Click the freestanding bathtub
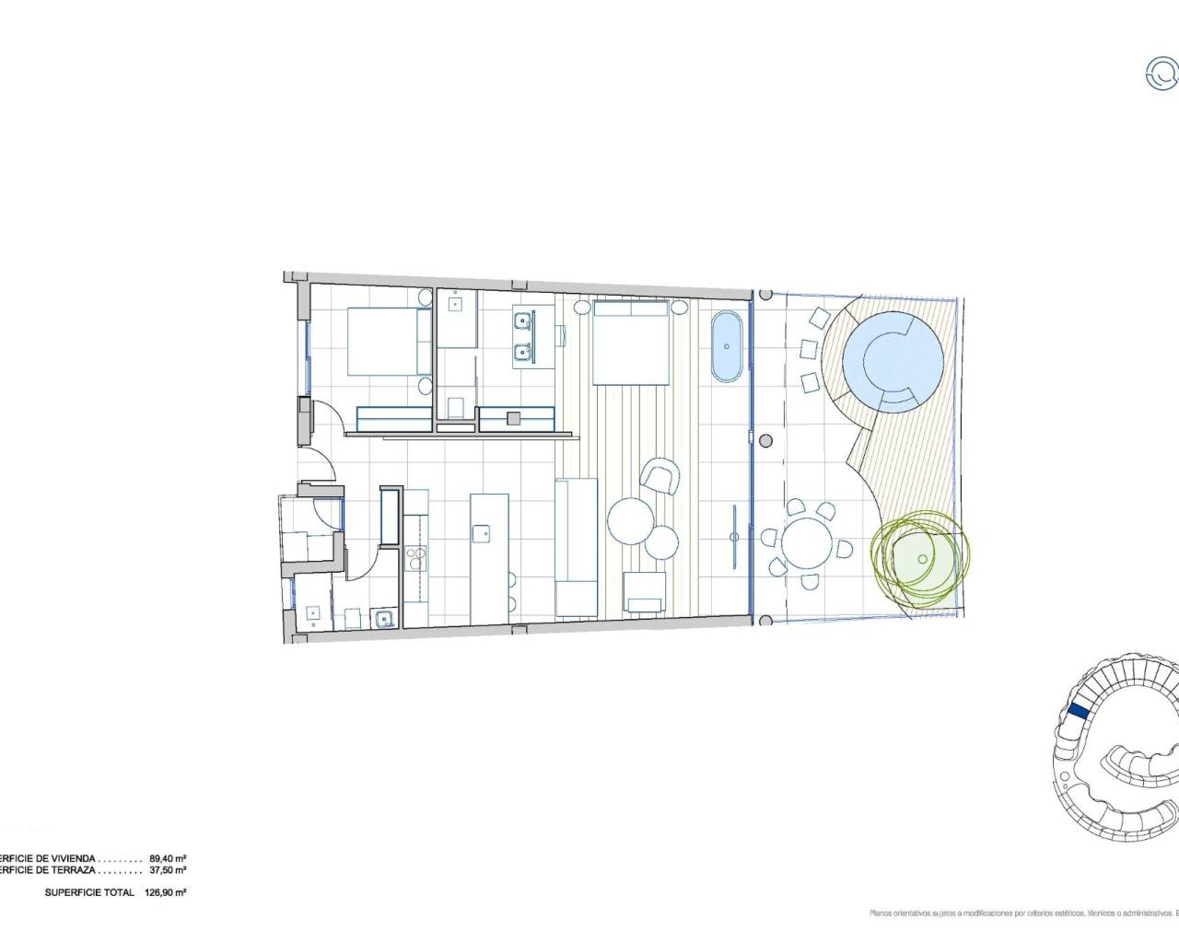(x=728, y=346)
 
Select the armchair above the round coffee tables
(x=662, y=476)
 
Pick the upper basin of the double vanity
(x=521, y=321)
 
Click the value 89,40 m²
(x=167, y=856)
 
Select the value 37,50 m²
(x=167, y=869)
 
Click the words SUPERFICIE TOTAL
(x=88, y=892)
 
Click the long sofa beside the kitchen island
(x=576, y=547)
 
